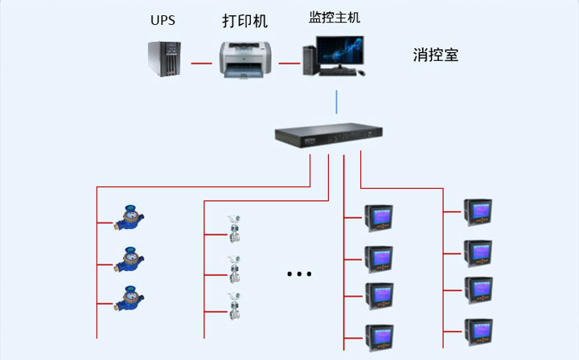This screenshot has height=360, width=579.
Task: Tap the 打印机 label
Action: [x=244, y=21]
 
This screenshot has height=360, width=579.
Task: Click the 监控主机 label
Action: [x=332, y=18]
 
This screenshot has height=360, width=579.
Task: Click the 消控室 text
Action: [x=436, y=55]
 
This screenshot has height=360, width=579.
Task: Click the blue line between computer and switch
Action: [x=337, y=102]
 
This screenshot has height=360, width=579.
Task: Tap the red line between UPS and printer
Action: [x=201, y=62]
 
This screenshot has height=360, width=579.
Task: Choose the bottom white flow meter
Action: [x=235, y=306]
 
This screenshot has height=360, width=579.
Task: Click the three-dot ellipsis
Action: [x=298, y=274]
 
